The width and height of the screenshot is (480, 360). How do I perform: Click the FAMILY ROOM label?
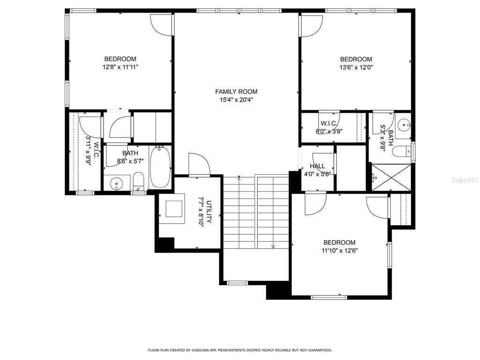[236, 92]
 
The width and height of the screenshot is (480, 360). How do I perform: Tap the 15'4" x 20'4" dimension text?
[236, 100]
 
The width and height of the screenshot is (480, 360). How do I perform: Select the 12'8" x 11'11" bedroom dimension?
[120, 67]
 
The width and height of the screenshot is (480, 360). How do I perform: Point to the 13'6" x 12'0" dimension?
[356, 67]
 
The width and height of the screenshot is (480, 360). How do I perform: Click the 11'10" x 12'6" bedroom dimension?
[339, 250]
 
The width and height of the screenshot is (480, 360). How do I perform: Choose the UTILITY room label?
[209, 211]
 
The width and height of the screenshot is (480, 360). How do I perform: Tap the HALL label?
[317, 166]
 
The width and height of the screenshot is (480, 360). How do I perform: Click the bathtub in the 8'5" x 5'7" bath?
[161, 167]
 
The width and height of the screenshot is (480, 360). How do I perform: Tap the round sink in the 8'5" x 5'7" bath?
[115, 182]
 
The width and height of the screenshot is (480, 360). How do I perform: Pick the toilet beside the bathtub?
[138, 181]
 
